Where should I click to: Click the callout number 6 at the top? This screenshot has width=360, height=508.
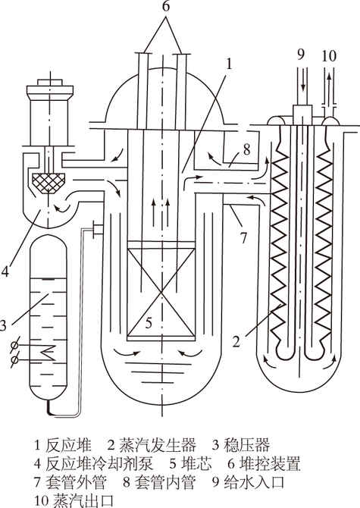(x=165, y=7)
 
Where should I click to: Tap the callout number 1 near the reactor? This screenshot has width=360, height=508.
(x=229, y=64)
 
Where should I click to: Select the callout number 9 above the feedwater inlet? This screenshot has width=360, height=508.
(x=301, y=54)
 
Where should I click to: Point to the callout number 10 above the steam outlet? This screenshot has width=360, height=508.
(x=329, y=55)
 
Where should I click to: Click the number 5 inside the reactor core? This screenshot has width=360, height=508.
(x=149, y=323)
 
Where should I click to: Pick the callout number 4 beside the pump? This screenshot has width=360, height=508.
(x=5, y=271)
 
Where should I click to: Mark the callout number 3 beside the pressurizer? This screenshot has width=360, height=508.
(x=3, y=325)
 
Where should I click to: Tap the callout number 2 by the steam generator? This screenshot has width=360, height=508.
(x=236, y=341)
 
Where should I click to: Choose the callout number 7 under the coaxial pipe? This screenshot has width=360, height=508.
(x=243, y=238)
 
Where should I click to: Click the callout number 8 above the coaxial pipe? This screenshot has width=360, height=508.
(x=246, y=149)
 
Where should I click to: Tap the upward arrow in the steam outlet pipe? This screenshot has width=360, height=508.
(x=329, y=84)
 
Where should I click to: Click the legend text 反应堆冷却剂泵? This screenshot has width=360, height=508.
(x=99, y=463)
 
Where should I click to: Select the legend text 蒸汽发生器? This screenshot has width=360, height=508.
(x=158, y=445)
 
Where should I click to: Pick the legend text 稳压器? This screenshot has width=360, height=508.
(x=246, y=445)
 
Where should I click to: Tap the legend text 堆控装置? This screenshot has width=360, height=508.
(x=269, y=463)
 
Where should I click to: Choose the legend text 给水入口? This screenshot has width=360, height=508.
(x=254, y=482)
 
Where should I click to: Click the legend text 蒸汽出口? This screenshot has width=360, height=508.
(x=83, y=500)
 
